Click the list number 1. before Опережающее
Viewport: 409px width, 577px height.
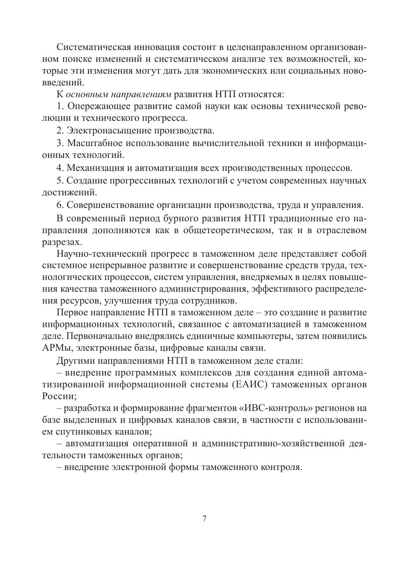click(x=60, y=107)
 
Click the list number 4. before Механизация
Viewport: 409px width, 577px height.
click(x=60, y=167)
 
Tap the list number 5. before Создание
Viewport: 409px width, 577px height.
click(x=60, y=180)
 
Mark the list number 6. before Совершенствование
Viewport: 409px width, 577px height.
click(x=60, y=204)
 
